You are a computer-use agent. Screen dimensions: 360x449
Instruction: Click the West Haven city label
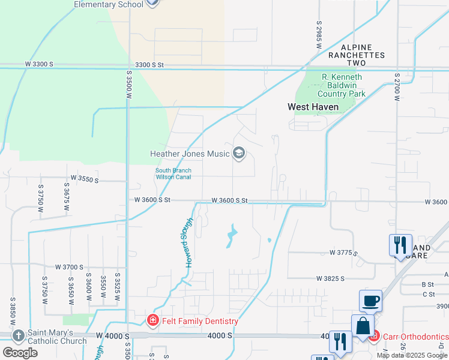[313, 107]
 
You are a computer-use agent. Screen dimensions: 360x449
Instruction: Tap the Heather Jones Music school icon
[239, 154]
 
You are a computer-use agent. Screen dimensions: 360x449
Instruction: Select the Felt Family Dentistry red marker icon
[153, 321]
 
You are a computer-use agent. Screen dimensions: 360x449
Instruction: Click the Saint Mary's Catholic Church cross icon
[19, 337]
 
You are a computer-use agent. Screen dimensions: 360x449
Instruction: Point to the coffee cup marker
[370, 301]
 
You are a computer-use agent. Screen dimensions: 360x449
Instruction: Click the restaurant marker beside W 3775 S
[400, 245]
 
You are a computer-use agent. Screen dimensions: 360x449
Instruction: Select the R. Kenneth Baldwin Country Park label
[342, 85]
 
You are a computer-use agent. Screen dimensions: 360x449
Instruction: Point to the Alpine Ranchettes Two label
[356, 55]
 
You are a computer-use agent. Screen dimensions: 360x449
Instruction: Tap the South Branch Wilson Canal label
[173, 173]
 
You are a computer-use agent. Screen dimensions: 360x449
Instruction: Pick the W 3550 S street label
[84, 179]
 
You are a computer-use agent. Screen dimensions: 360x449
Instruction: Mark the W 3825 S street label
[331, 278]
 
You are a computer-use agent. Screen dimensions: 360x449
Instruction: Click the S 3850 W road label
[12, 311]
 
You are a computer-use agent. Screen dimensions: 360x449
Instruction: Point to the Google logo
[20, 353]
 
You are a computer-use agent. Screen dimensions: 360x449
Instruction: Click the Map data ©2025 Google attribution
[411, 355]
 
